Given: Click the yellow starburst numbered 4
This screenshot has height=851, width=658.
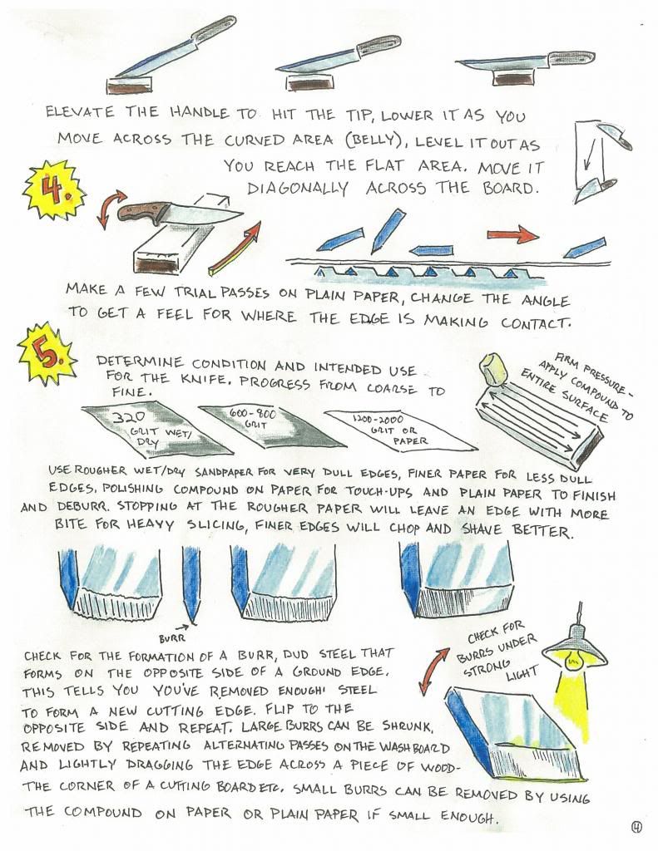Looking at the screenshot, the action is tap(52, 190).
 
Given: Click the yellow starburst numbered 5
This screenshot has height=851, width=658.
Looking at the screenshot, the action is tap(47, 355).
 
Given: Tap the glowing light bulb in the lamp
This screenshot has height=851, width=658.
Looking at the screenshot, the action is tap(571, 661).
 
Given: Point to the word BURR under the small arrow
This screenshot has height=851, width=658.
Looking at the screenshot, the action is tap(172, 639).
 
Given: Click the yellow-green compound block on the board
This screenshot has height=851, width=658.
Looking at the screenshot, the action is tap(493, 369).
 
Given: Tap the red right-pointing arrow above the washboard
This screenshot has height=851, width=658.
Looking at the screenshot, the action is tap(512, 234).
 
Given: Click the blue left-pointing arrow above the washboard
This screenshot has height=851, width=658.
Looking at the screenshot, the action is tap(432, 250).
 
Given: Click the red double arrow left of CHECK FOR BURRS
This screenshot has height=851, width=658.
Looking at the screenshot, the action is tap(435, 671).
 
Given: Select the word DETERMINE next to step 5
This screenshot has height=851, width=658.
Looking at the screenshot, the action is tap(140, 361).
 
